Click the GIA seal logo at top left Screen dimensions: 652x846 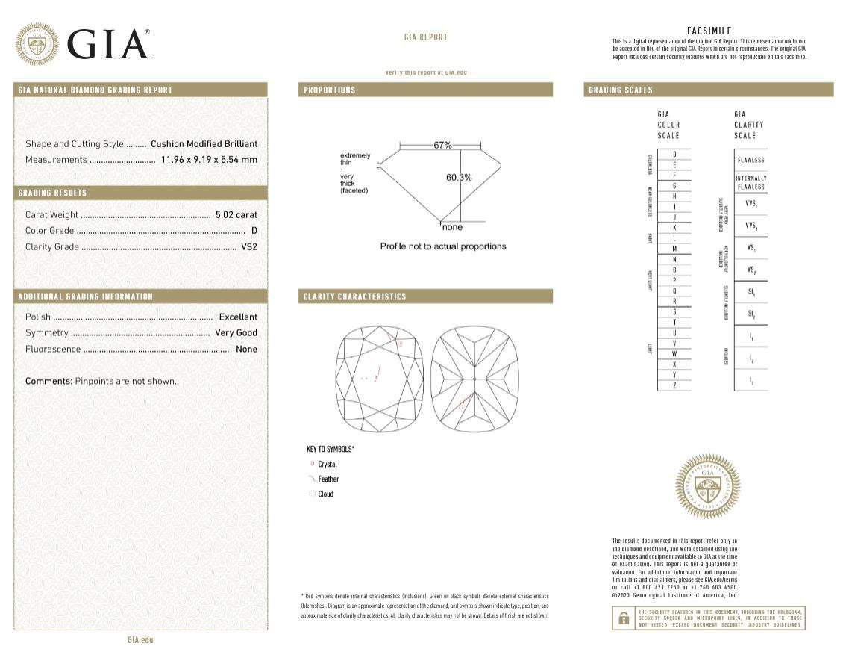pos(37,44)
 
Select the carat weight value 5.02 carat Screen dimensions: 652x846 pos(236,214)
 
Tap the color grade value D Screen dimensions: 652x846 pos(254,231)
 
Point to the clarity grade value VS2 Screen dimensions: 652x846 pos(249,247)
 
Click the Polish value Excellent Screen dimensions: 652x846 pos(237,317)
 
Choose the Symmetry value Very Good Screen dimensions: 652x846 pos(236,333)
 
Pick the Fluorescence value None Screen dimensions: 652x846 pos(245,350)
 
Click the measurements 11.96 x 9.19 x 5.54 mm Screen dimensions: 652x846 pos(209,160)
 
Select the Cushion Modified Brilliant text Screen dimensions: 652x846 pos(204,144)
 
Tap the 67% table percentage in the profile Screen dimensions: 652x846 pos(442,145)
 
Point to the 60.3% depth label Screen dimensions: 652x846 pos(459,178)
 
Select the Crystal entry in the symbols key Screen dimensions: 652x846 pos(327,465)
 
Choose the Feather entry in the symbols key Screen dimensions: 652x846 pos(328,479)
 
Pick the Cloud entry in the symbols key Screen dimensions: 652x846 pos(325,494)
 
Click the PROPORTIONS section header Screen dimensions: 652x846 pos(329,90)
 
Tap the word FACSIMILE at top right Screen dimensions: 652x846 pos(709,31)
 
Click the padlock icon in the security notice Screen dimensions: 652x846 pos(622,618)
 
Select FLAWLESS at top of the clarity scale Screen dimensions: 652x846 pos(751,161)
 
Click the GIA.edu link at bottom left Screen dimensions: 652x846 pos(140,640)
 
